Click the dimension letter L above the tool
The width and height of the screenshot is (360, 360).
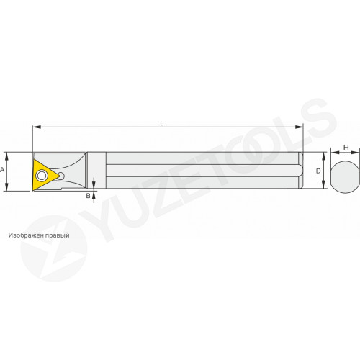tap(162, 123)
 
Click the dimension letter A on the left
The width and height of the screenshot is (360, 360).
tap(2, 170)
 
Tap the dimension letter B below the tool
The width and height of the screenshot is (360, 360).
tap(88, 196)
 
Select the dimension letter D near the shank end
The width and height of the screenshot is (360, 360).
tap(318, 171)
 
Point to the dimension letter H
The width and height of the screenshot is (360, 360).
tap(346, 148)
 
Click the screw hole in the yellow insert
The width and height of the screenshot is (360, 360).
tap(42, 176)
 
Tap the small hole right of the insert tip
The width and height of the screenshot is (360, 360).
tap(61, 176)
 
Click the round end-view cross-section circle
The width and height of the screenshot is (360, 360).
tap(345, 176)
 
